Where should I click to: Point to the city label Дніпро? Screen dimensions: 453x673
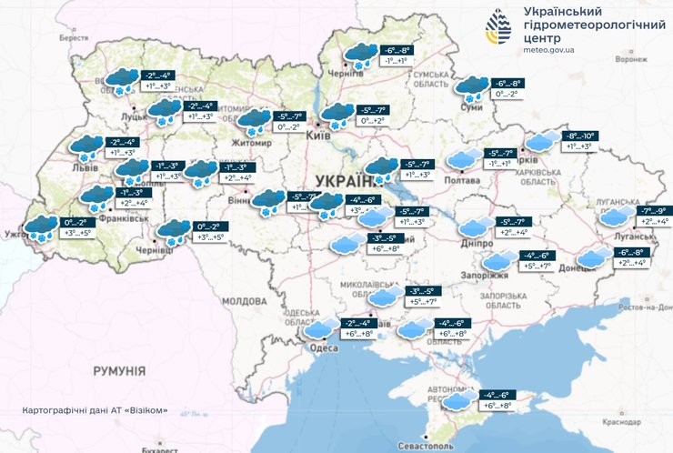pyautogui.click(x=476, y=244)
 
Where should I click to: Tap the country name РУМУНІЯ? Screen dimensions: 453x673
pyautogui.click(x=119, y=371)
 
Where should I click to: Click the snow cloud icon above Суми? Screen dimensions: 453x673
pyautogui.click(x=471, y=87)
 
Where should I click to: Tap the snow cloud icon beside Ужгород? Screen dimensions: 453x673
pyautogui.click(x=40, y=227)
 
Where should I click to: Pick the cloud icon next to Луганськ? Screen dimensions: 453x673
pyautogui.click(x=617, y=216)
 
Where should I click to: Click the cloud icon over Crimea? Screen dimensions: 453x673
pyautogui.click(x=458, y=400)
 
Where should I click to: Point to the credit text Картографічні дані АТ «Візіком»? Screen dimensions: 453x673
pyautogui.click(x=95, y=410)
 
